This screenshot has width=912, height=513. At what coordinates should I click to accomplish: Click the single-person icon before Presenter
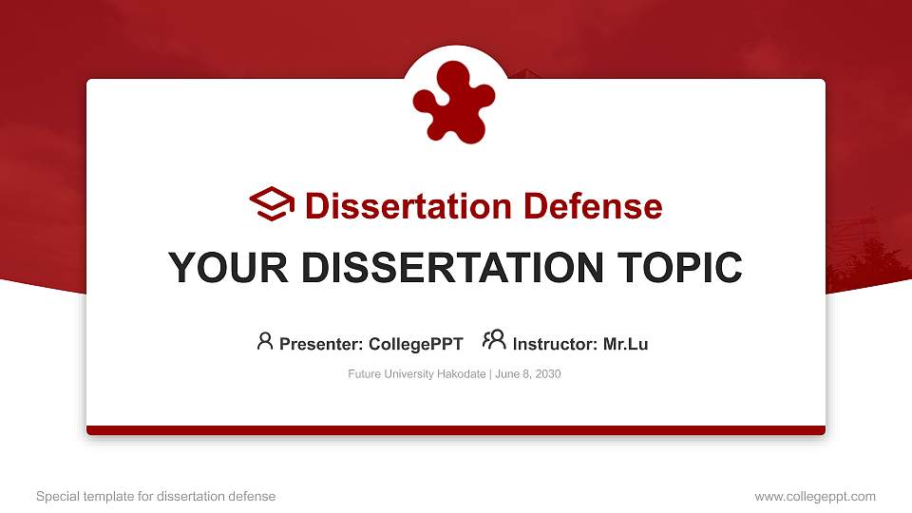tap(265, 341)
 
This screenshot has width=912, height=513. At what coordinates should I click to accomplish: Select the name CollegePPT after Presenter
tap(415, 344)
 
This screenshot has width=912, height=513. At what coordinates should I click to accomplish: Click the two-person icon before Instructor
tap(494, 341)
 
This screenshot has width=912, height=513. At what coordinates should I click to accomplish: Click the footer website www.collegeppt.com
tap(814, 496)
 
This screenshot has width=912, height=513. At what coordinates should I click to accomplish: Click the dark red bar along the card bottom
tap(456, 430)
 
